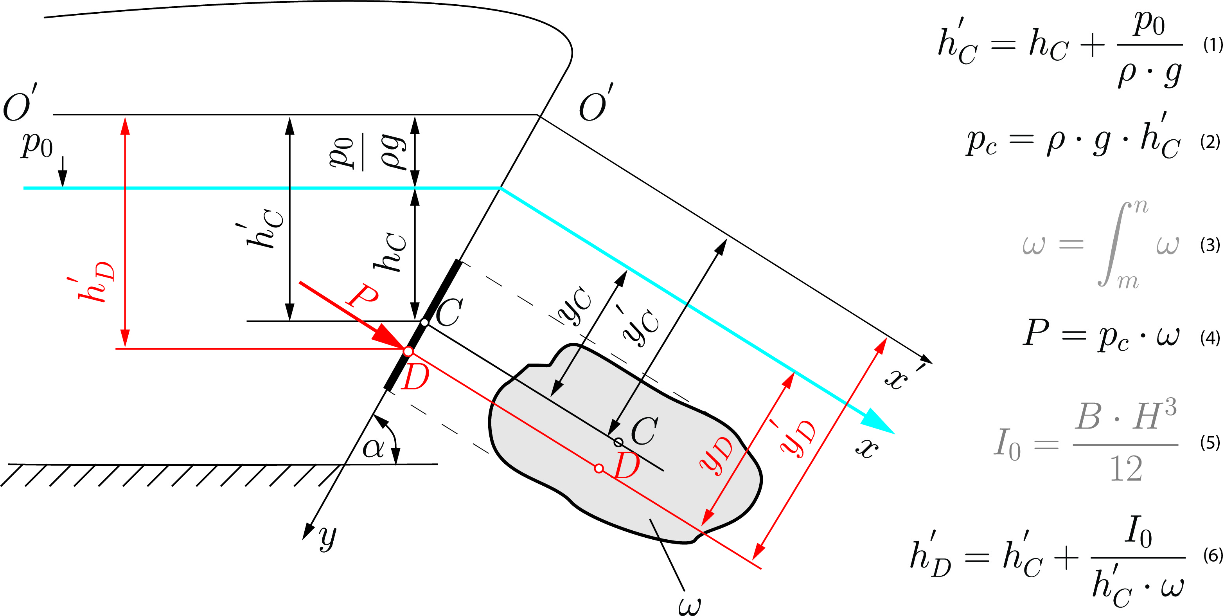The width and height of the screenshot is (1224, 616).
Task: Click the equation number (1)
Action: (x=1213, y=45)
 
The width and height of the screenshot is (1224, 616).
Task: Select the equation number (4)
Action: (x=1210, y=338)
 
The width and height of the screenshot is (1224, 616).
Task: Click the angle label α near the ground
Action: (x=373, y=448)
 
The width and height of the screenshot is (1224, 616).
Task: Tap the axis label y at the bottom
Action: (x=327, y=537)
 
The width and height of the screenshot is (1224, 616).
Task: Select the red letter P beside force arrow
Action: (x=363, y=295)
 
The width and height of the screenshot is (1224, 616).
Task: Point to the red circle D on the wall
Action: (x=408, y=351)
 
